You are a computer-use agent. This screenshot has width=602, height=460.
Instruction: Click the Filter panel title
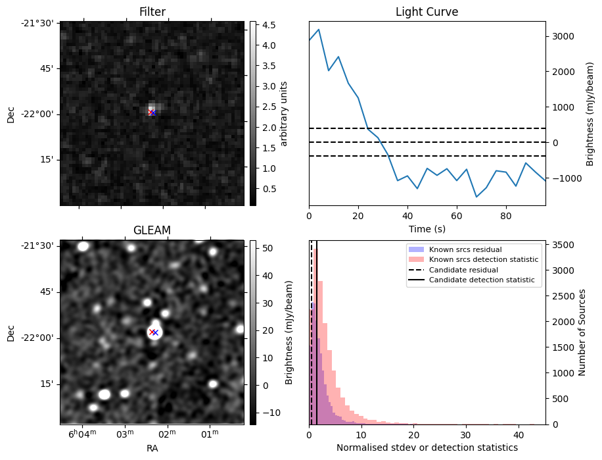[x=152, y=12]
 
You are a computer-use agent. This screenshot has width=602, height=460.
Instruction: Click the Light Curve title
[x=427, y=12]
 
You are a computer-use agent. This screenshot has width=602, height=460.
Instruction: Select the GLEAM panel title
[x=152, y=230]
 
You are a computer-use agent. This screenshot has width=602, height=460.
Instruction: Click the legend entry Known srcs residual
[x=465, y=250]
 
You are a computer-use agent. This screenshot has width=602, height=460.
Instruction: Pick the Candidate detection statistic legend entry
[x=482, y=280]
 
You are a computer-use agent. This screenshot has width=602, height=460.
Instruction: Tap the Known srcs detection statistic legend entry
[x=484, y=260]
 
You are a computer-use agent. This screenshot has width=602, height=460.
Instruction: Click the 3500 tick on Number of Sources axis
[x=566, y=245]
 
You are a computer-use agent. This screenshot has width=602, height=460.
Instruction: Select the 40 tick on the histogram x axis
[x=518, y=434]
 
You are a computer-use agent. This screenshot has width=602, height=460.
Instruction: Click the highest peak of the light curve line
[x=319, y=29]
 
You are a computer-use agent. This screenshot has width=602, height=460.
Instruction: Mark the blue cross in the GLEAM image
[x=155, y=332]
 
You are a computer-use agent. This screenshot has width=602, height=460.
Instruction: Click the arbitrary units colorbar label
[x=284, y=113]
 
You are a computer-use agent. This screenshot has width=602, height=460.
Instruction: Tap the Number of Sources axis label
[x=582, y=332]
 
